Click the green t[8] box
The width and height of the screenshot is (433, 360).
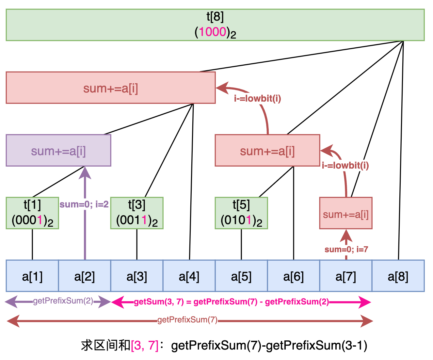tap(215, 25)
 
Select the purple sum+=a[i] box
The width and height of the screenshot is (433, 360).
tap(58, 151)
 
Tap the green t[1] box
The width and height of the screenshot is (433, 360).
tap(32, 213)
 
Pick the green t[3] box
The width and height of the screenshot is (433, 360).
tap(137, 213)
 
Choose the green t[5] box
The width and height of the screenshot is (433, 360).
tap(241, 213)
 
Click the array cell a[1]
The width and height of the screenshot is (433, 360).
tap(32, 276)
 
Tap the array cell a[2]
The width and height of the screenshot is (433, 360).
tap(85, 276)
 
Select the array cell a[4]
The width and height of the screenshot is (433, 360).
tap(189, 276)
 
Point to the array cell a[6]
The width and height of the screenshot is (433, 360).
tap(294, 276)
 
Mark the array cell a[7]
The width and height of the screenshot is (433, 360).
tap(346, 276)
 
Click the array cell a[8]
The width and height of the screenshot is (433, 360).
tap(398, 276)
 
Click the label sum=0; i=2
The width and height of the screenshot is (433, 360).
tap(84, 205)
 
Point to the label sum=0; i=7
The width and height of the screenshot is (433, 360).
tap(346, 250)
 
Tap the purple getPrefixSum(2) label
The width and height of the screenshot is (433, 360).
tap(63, 301)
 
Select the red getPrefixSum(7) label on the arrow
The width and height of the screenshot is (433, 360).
tap(187, 320)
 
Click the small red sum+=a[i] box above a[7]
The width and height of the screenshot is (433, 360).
tap(346, 213)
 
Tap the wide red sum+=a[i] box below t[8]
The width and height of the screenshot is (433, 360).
tap(111, 88)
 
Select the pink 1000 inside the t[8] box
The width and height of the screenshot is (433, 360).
tap(213, 32)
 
